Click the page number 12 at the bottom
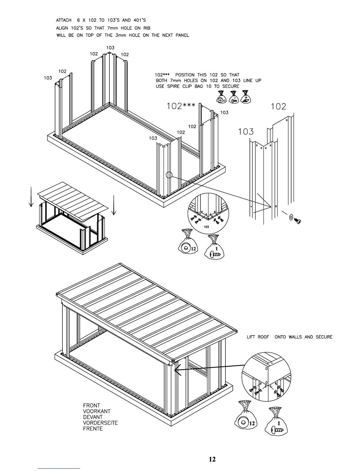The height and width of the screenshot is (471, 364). [212, 459]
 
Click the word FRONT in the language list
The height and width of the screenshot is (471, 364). [92, 405]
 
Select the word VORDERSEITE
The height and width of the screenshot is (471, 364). [101, 423]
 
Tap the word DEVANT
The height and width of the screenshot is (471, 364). [93, 417]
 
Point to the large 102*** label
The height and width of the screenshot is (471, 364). [181, 106]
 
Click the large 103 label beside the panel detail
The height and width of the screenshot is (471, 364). [246, 131]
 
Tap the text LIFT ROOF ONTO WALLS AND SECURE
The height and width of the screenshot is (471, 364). [289, 337]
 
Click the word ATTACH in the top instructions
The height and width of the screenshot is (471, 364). [64, 21]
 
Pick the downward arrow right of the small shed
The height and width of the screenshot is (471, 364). [114, 205]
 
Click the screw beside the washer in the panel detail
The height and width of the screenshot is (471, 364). [298, 221]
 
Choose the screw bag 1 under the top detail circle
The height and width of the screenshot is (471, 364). [214, 247]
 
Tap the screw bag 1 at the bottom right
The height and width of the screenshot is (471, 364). [277, 422]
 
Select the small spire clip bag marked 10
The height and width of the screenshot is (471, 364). [246, 98]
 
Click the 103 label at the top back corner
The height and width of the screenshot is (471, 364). [110, 48]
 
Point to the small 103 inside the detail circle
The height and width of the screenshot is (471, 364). [206, 227]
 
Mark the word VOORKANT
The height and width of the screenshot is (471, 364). [97, 411]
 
